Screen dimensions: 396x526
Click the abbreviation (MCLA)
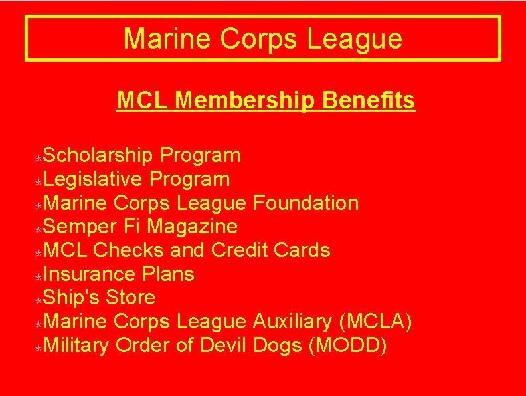(x=375, y=322)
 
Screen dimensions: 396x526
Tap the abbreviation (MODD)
(x=348, y=346)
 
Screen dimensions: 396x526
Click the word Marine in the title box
(x=168, y=39)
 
